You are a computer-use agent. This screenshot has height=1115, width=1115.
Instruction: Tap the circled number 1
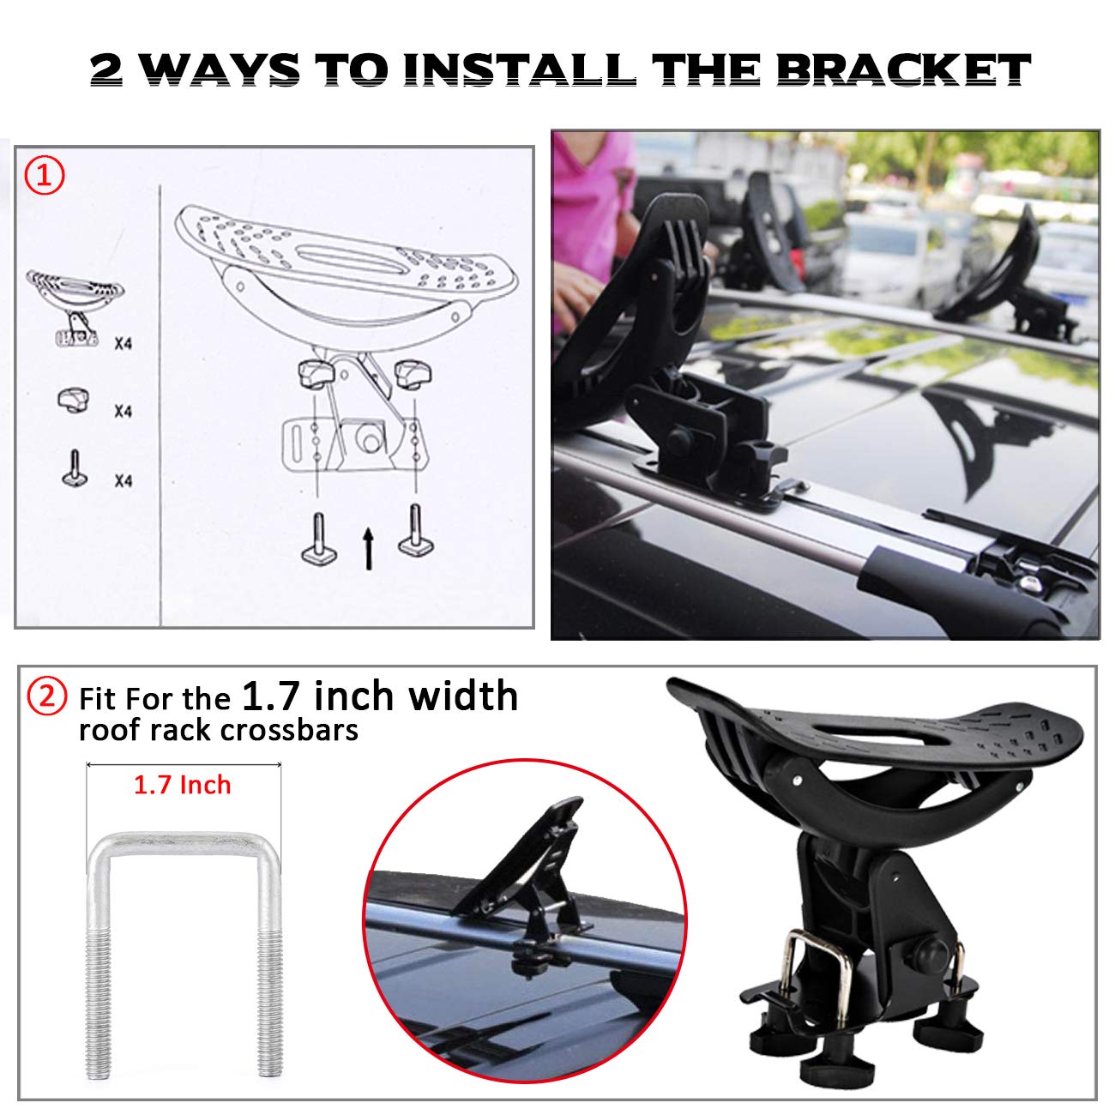pos(44,177)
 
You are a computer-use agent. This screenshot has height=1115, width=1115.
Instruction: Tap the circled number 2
pos(47,696)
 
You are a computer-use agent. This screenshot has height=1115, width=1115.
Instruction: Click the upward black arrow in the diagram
pos(368,549)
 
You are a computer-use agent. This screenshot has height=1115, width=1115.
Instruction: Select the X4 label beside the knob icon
pos(124,412)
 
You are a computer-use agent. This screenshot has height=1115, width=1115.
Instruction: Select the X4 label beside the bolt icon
pos(124,481)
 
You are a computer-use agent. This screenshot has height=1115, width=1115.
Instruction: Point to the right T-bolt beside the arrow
pos(415,532)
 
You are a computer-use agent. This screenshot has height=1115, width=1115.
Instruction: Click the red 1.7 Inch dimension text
pos(182,785)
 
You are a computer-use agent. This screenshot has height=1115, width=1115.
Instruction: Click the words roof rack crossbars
pos(218,730)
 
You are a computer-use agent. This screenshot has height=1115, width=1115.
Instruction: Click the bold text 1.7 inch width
pos(380,696)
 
